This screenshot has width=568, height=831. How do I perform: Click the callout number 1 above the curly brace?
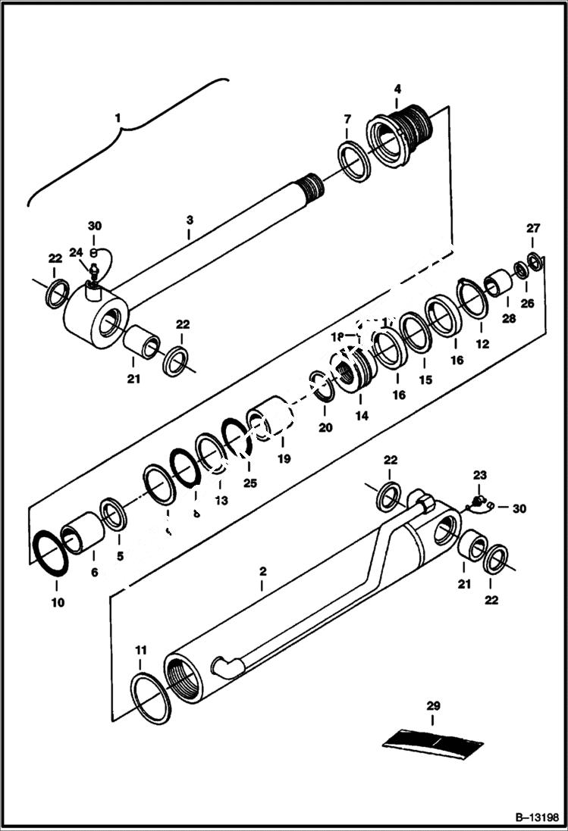point(118,118)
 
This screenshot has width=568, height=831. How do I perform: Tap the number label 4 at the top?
point(397,89)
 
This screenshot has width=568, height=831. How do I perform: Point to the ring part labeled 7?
point(354,161)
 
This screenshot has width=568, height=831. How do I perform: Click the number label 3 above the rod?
point(190,220)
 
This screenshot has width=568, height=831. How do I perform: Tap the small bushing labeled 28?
point(498,283)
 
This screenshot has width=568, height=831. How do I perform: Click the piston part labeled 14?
point(355,371)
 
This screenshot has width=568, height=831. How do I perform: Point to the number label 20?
point(325,427)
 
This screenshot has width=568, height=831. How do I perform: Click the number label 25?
point(249,483)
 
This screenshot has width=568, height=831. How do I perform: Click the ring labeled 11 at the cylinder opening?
point(151,693)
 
